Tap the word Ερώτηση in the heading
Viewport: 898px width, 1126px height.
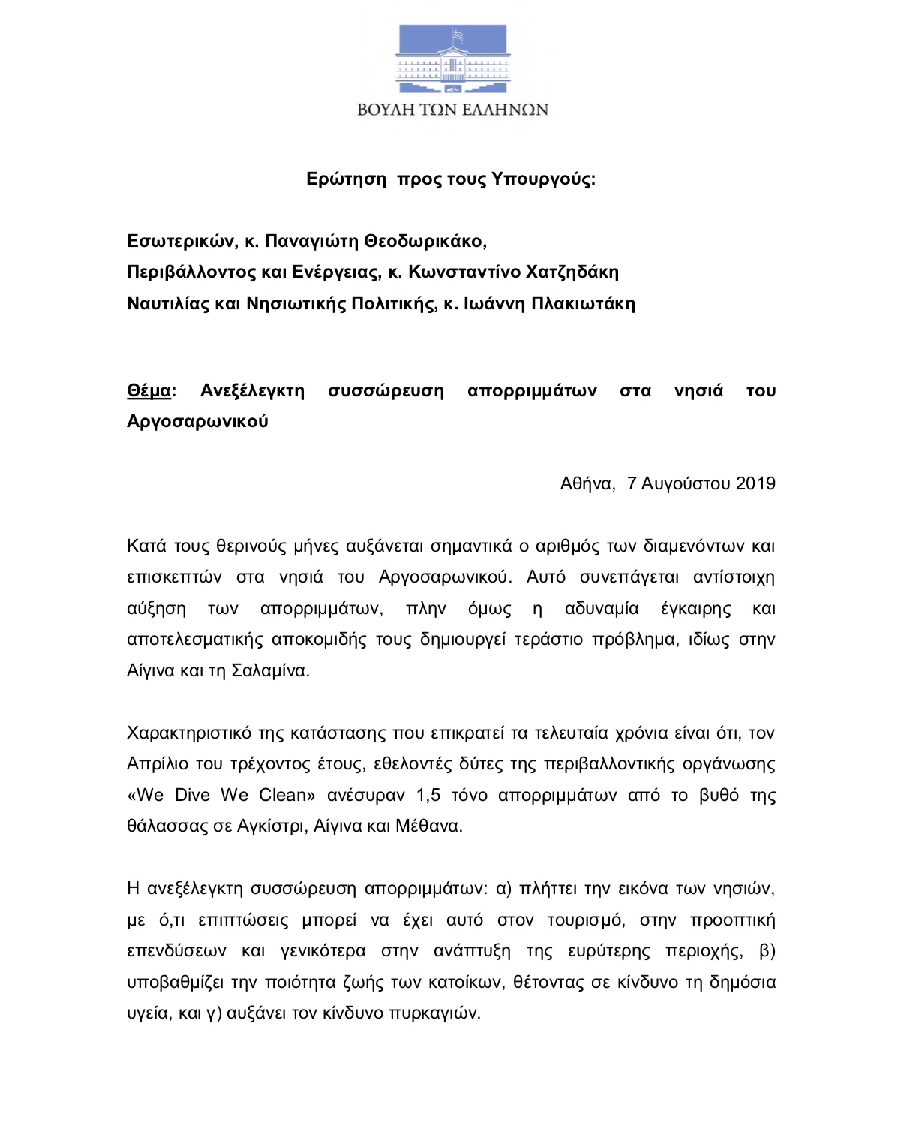346,179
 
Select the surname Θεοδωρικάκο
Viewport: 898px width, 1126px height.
425,241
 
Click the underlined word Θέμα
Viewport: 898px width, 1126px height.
149,391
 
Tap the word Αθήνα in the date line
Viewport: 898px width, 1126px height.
587,483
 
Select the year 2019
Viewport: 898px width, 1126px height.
755,483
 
